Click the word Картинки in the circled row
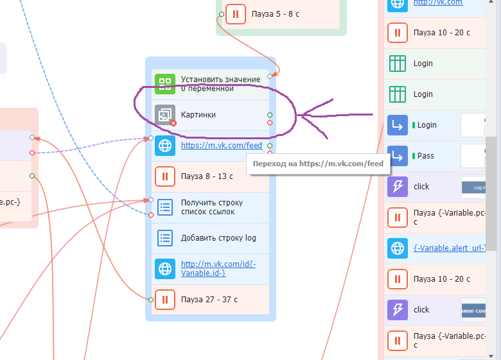(198, 115)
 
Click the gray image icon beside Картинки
(165, 115)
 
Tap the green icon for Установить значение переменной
(165, 84)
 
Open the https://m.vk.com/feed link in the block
(222, 146)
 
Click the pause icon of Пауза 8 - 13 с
(165, 176)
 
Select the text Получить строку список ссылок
(207, 207)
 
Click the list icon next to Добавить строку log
(165, 238)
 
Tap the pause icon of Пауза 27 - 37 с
(165, 299)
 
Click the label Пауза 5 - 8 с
(276, 13)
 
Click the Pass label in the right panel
(425, 156)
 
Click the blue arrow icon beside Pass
(398, 156)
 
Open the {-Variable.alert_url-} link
(450, 248)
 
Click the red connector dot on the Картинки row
(270, 123)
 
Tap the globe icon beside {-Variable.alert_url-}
(398, 248)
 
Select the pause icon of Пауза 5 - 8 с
(236, 13)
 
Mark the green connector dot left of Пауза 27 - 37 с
(151, 299)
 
